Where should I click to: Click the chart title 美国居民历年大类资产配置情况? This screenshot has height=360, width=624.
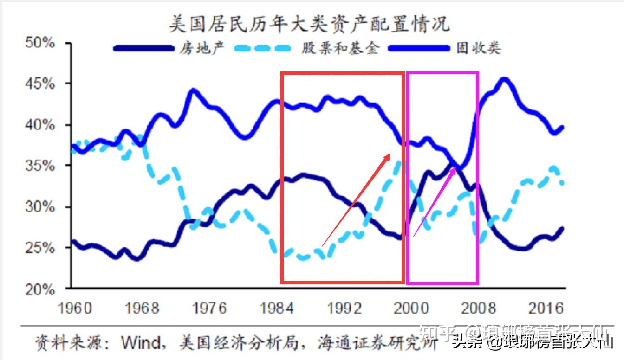pos(309,23)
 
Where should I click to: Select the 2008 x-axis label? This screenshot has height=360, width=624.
pos(478,308)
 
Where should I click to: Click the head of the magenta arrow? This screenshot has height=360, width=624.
pos(456,165)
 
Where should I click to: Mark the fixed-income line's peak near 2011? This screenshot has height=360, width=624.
pos(504,80)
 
